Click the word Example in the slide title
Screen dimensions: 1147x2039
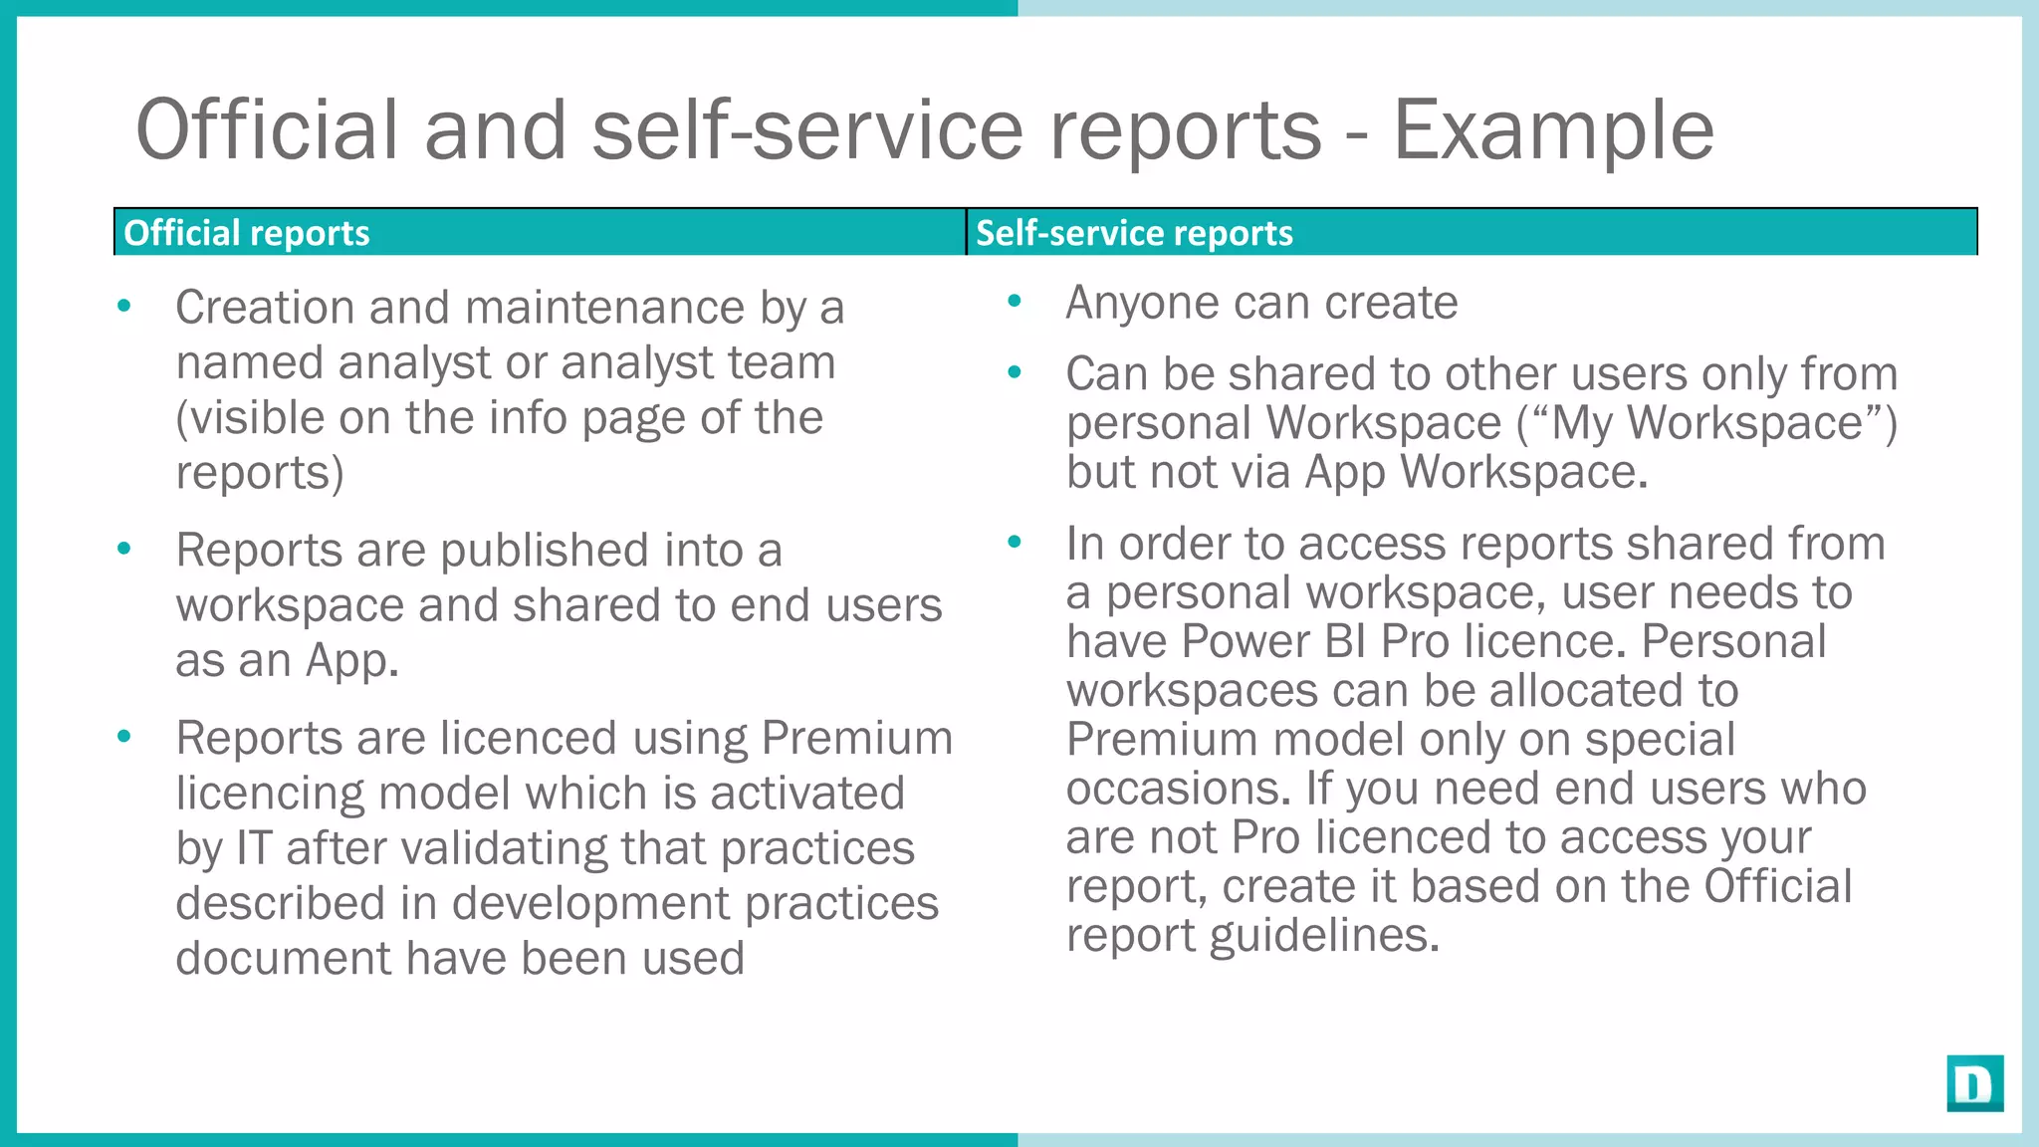click(x=1552, y=130)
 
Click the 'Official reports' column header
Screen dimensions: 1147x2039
click(x=246, y=233)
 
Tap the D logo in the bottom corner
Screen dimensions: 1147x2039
click(x=1974, y=1083)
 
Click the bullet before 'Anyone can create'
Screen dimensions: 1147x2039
click(x=1015, y=301)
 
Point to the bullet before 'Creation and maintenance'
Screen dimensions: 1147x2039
click(x=124, y=306)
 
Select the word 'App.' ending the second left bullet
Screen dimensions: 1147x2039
click(x=351, y=661)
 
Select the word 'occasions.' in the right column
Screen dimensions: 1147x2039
click(x=1179, y=789)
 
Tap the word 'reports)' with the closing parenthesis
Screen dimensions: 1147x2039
click(x=260, y=473)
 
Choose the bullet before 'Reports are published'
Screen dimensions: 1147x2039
click(x=124, y=549)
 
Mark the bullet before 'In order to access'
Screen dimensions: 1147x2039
click(x=1015, y=543)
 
